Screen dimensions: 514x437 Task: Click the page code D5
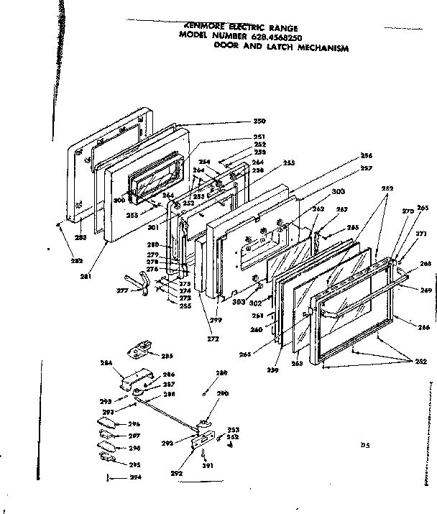pos(365,445)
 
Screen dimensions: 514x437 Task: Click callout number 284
pos(106,364)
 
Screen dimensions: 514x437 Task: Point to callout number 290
pos(222,394)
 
